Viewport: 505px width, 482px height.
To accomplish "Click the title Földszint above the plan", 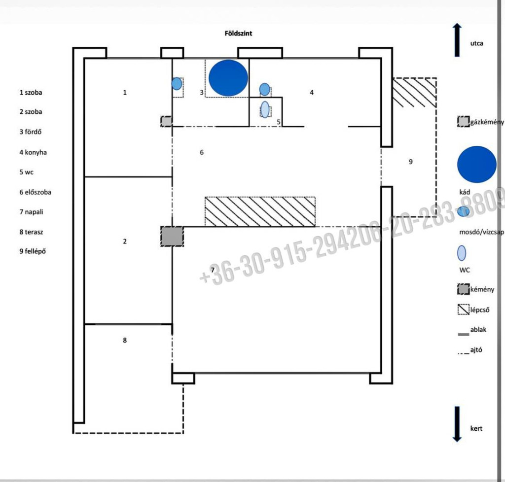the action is pos(238,33).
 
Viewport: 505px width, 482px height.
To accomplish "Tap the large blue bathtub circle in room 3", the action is pos(228,78).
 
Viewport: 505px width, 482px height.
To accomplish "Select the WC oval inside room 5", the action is pos(265,109).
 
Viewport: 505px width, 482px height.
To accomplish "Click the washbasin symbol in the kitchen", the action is pos(264,89).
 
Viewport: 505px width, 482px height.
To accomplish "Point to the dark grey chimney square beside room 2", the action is pos(172,237).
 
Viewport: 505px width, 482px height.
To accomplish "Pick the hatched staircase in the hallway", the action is pos(260,212).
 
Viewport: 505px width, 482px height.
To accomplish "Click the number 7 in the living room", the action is pos(213,270).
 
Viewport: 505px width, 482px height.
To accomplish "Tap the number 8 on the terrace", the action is pos(125,340).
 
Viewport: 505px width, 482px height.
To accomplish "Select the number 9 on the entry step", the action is pos(411,162).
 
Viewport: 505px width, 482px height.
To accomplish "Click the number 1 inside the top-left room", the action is pos(125,92).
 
